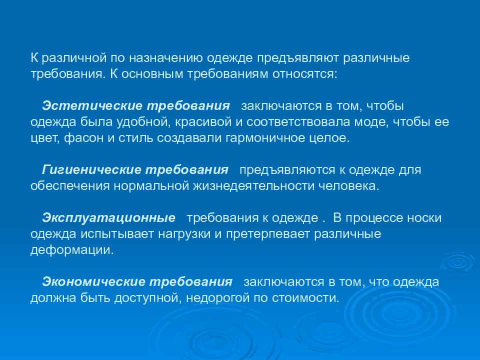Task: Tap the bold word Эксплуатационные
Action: point(109,218)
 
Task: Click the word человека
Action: point(352,186)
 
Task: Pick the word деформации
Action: point(72,250)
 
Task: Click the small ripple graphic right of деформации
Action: point(455,261)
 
